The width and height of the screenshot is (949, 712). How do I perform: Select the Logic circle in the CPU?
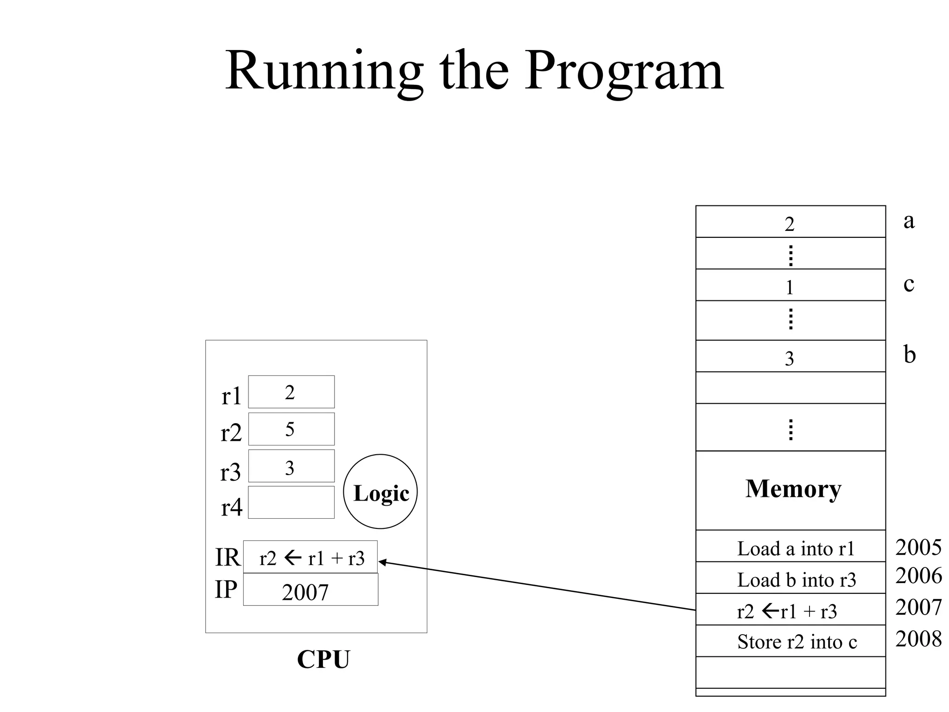point(380,492)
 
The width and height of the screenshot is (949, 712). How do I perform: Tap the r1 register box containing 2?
point(291,392)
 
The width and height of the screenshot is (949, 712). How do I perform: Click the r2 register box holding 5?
point(291,429)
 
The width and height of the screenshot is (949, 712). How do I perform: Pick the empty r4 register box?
point(291,502)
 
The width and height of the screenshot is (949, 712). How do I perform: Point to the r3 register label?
point(230,472)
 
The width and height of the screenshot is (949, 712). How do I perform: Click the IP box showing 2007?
point(310,590)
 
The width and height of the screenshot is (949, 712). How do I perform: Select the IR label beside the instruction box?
point(227,557)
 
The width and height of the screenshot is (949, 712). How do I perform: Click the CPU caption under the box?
point(323,659)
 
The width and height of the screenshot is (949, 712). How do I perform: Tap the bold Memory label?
point(793,489)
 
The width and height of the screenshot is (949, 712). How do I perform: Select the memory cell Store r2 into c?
point(791,642)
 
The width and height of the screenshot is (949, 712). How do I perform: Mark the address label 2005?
point(918,547)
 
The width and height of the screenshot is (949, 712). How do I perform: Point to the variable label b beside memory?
point(909,355)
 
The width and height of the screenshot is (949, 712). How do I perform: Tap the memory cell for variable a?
point(791,222)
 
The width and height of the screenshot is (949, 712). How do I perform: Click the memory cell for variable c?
point(791,286)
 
